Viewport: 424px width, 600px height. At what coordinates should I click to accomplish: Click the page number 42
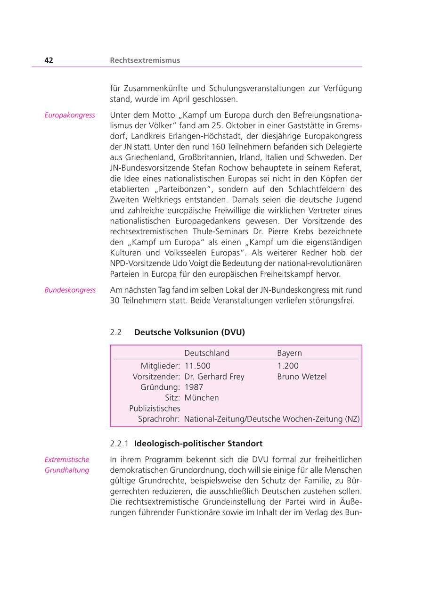click(x=49, y=60)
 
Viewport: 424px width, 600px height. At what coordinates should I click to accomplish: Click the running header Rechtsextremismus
click(x=145, y=60)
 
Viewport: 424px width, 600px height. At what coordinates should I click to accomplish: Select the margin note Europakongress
click(x=70, y=115)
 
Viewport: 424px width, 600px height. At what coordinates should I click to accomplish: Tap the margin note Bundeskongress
click(x=70, y=290)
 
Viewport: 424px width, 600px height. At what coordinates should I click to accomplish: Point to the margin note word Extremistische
click(x=67, y=460)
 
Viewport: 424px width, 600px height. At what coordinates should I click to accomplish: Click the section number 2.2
click(x=116, y=332)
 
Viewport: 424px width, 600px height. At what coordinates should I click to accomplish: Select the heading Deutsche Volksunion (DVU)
click(x=189, y=332)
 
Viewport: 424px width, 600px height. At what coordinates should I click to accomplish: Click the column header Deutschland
click(x=207, y=353)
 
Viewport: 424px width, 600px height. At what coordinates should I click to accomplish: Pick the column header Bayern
click(x=289, y=353)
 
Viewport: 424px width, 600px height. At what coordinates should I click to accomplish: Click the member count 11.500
click(x=197, y=366)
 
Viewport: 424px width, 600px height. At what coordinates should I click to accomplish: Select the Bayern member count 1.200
click(x=288, y=366)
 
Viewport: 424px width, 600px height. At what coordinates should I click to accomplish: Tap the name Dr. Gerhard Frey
click(x=214, y=377)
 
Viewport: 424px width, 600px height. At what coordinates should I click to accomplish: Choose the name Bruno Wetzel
click(x=302, y=377)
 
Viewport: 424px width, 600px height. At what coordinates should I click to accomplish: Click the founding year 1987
click(x=194, y=387)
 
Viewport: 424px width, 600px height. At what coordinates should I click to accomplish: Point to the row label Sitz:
click(x=172, y=397)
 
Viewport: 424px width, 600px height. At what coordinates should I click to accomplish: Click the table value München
click(x=202, y=397)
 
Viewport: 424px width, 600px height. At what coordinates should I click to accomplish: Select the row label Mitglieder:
click(x=160, y=366)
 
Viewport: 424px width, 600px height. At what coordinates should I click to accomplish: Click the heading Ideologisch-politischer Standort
click(x=198, y=444)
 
